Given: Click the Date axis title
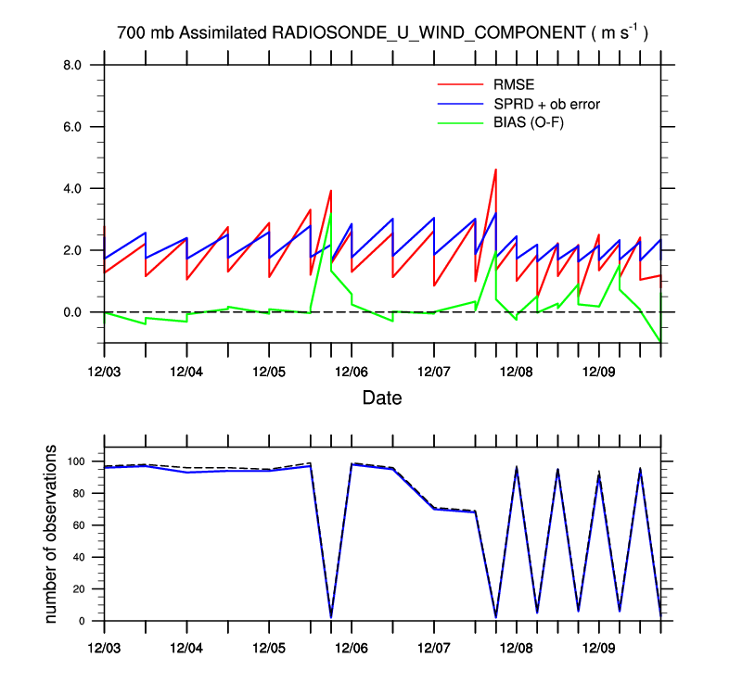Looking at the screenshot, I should pos(382,398).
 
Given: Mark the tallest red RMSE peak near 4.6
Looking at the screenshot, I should pos(496,170).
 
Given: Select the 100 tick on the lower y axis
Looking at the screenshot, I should pos(77,461).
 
